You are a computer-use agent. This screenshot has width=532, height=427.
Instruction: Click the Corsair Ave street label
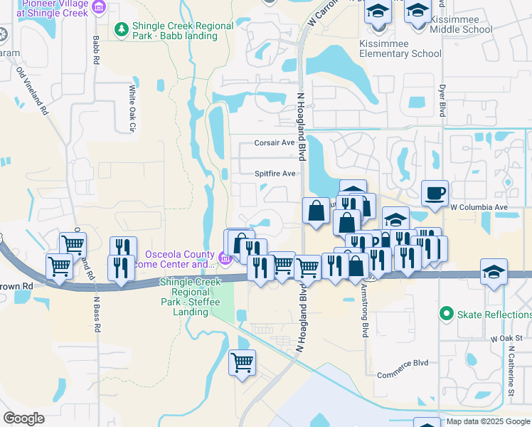click(x=275, y=143)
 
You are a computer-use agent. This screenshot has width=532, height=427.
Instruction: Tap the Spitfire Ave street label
click(x=275, y=174)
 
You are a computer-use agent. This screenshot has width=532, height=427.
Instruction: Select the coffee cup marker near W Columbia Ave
click(x=435, y=192)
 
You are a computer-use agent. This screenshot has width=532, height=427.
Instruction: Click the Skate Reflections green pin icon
click(x=447, y=313)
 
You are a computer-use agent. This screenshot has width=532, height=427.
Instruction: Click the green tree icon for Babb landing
click(x=122, y=28)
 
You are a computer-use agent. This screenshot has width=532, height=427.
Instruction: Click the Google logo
click(x=23, y=418)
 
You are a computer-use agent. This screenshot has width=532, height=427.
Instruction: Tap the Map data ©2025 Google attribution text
click(x=488, y=421)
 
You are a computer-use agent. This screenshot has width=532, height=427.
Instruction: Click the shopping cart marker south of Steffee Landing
click(x=242, y=362)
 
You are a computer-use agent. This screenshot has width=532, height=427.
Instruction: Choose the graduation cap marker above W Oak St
click(x=494, y=272)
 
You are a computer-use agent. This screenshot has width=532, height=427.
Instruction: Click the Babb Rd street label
click(x=95, y=50)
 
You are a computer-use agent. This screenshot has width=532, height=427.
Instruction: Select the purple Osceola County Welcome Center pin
click(x=225, y=258)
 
